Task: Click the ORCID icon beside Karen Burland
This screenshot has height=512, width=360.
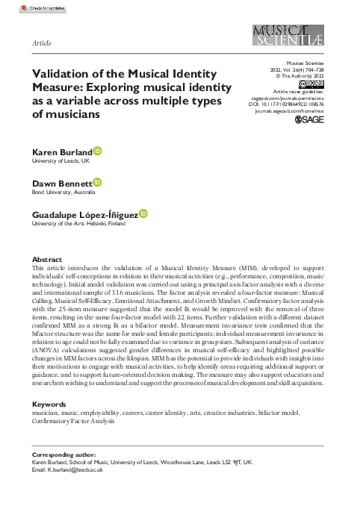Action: (98, 152)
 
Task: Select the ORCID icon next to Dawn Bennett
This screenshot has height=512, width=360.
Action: (96, 181)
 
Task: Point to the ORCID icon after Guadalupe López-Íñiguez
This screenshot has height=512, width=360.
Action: (143, 213)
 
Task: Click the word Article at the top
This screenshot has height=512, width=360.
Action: (42, 23)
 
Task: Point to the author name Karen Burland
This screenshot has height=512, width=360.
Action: (62, 152)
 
